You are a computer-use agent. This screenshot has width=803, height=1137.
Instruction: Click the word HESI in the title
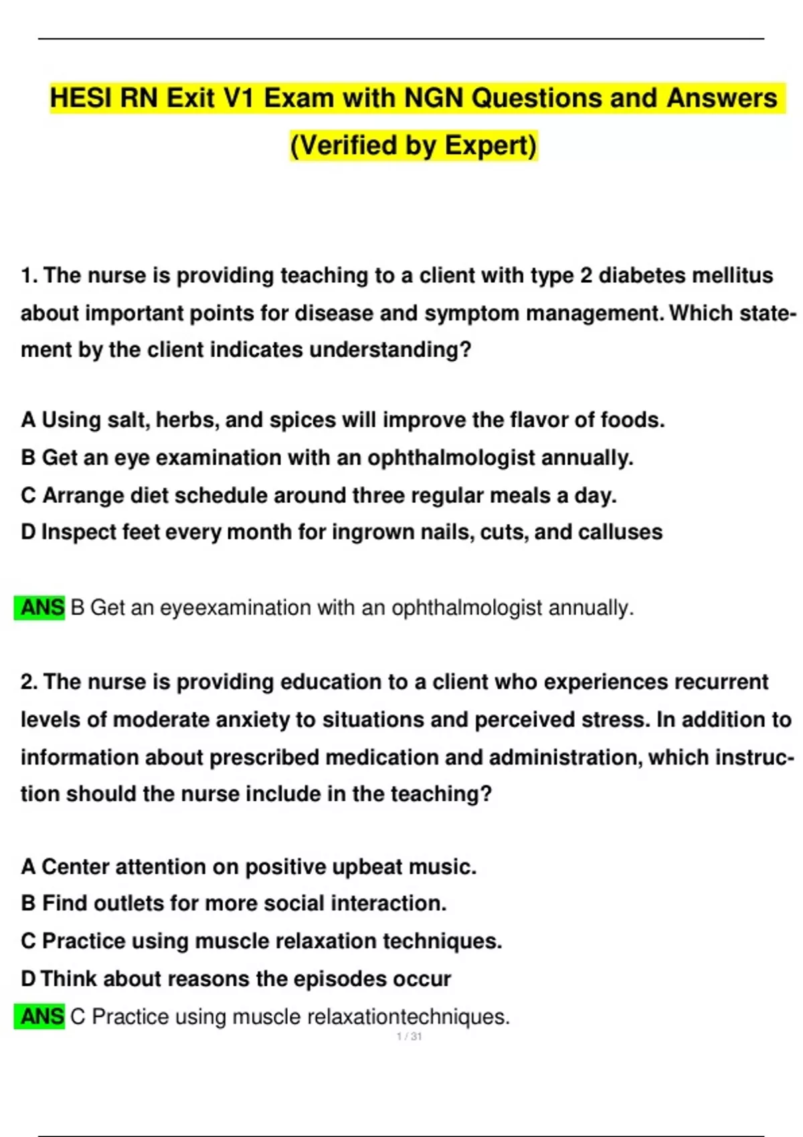pyautogui.click(x=81, y=98)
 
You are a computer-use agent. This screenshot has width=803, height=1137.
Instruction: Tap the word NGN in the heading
pyautogui.click(x=434, y=98)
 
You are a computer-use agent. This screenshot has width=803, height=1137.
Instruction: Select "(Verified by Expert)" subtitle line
pyautogui.click(x=414, y=145)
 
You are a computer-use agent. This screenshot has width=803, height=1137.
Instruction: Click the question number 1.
pyautogui.click(x=29, y=276)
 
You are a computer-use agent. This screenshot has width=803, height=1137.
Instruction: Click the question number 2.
pyautogui.click(x=29, y=682)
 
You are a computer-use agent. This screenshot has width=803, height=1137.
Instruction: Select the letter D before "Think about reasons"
pyautogui.click(x=28, y=979)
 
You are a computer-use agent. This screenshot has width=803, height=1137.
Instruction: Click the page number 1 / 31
pyautogui.click(x=409, y=1037)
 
